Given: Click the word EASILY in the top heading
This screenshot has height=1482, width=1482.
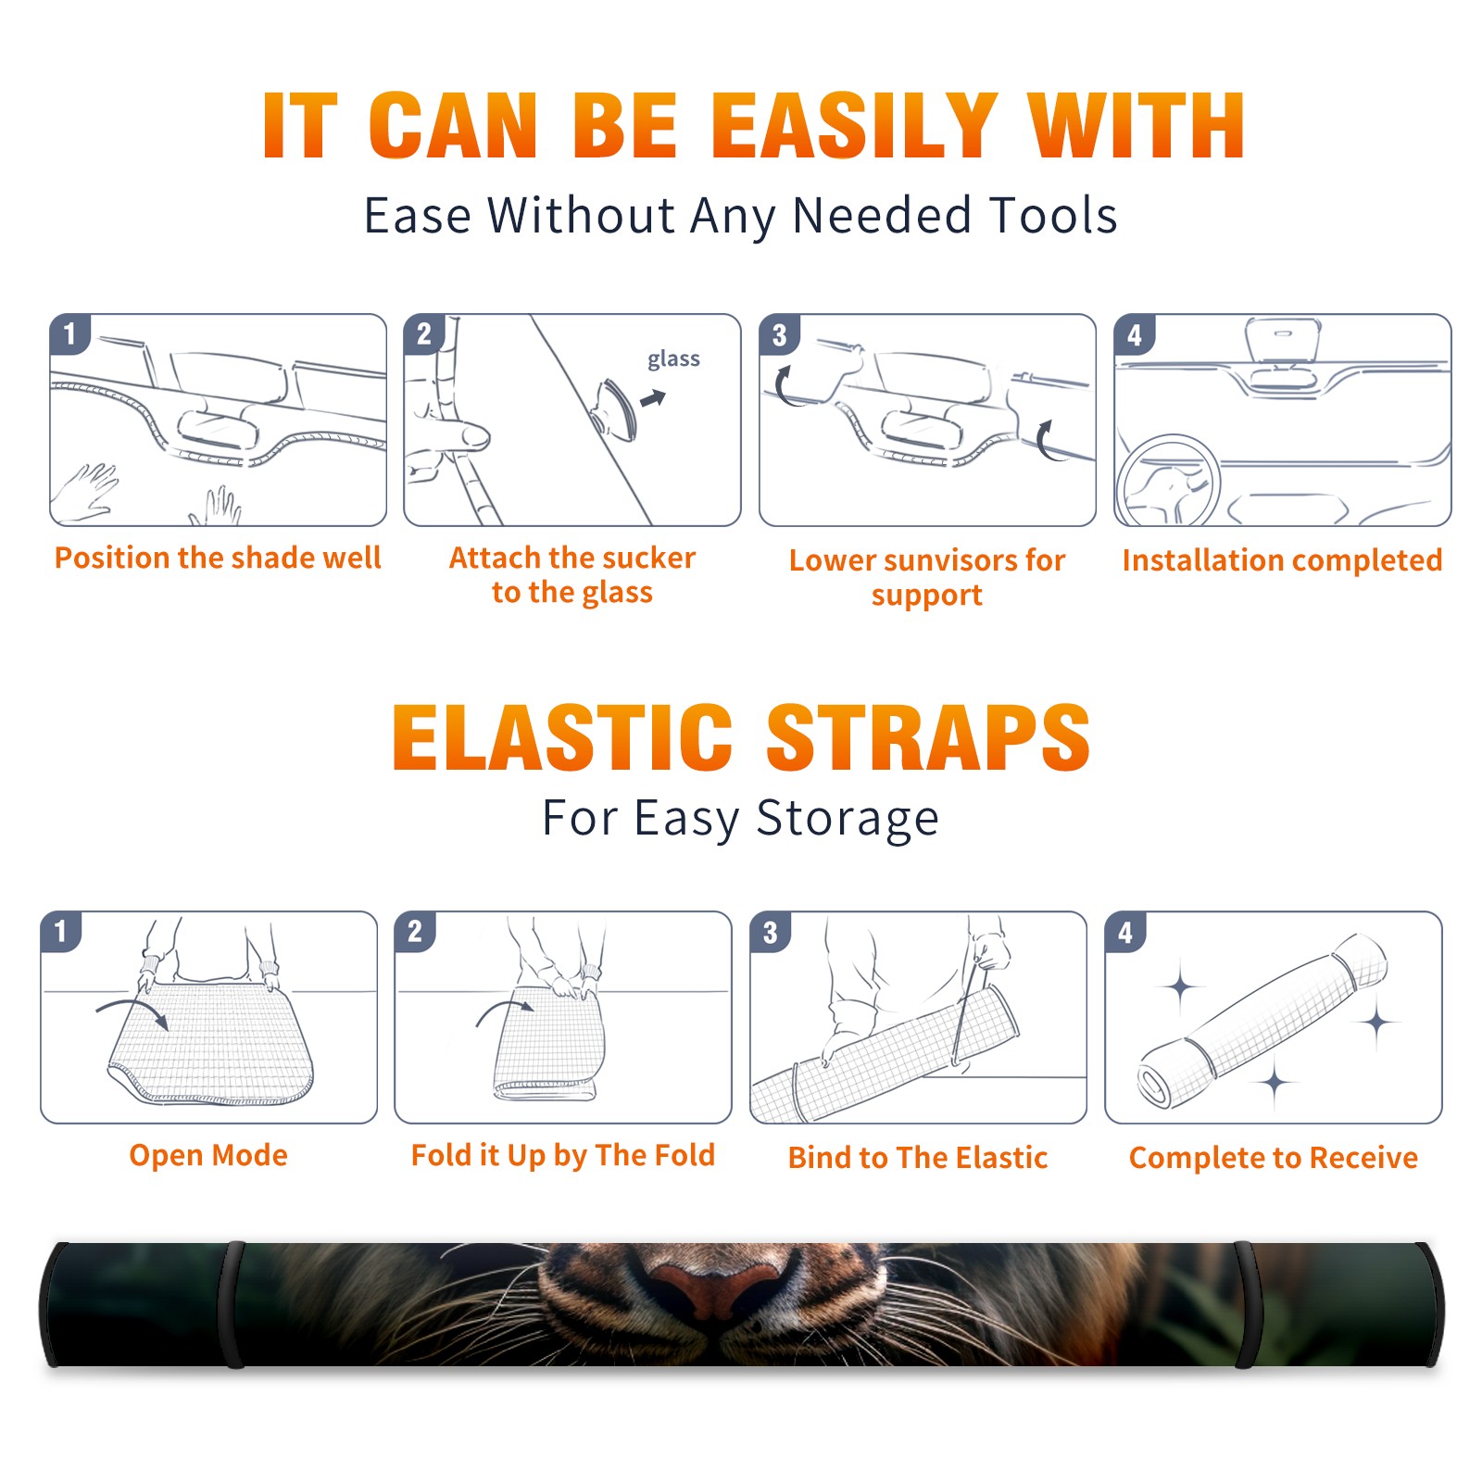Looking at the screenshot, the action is [x=854, y=126].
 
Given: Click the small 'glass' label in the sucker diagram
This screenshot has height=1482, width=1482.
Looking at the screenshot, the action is [x=673, y=359].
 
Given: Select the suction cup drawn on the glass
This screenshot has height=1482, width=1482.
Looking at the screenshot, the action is [x=616, y=409].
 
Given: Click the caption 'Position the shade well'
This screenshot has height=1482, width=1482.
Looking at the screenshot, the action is [x=218, y=558].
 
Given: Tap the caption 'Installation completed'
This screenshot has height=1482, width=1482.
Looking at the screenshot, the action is [x=1282, y=559].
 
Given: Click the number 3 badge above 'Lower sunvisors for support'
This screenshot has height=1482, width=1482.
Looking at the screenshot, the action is [x=779, y=334].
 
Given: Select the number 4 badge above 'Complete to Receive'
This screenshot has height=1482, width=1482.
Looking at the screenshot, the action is [x=1125, y=932].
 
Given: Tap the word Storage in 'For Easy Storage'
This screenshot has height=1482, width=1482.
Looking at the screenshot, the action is [x=848, y=819].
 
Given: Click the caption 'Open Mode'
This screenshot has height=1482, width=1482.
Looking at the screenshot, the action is [x=208, y=1155].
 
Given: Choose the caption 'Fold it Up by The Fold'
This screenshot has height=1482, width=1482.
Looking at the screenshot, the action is [x=563, y=1155].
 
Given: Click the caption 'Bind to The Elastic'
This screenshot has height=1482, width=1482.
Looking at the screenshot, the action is [x=918, y=1157].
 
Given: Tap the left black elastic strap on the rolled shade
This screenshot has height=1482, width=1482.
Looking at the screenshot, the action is [x=233, y=1304].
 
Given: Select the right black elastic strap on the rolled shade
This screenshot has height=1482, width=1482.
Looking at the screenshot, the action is [x=1246, y=1304].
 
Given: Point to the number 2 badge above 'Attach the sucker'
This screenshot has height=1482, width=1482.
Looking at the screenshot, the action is [x=423, y=334].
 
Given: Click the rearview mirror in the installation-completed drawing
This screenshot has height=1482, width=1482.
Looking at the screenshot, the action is [x=1283, y=341].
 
